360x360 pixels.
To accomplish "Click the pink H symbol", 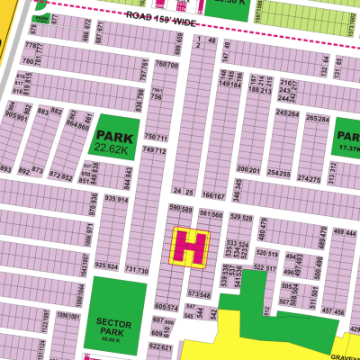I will [190, 247].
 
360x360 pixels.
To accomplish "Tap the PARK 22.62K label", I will [114, 143].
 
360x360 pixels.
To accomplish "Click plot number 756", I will [156, 97].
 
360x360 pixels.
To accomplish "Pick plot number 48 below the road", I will [211, 41].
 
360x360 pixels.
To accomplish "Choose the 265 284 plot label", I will [317, 118].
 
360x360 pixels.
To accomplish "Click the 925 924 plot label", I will [106, 266].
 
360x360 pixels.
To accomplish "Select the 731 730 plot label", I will [137, 270].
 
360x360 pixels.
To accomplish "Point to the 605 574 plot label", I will [166, 307].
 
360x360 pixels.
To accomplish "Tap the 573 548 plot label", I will [199, 294].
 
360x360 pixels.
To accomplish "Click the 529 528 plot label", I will [240, 217].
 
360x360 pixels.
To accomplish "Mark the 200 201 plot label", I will [247, 169].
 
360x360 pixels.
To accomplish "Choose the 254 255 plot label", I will [279, 173].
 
